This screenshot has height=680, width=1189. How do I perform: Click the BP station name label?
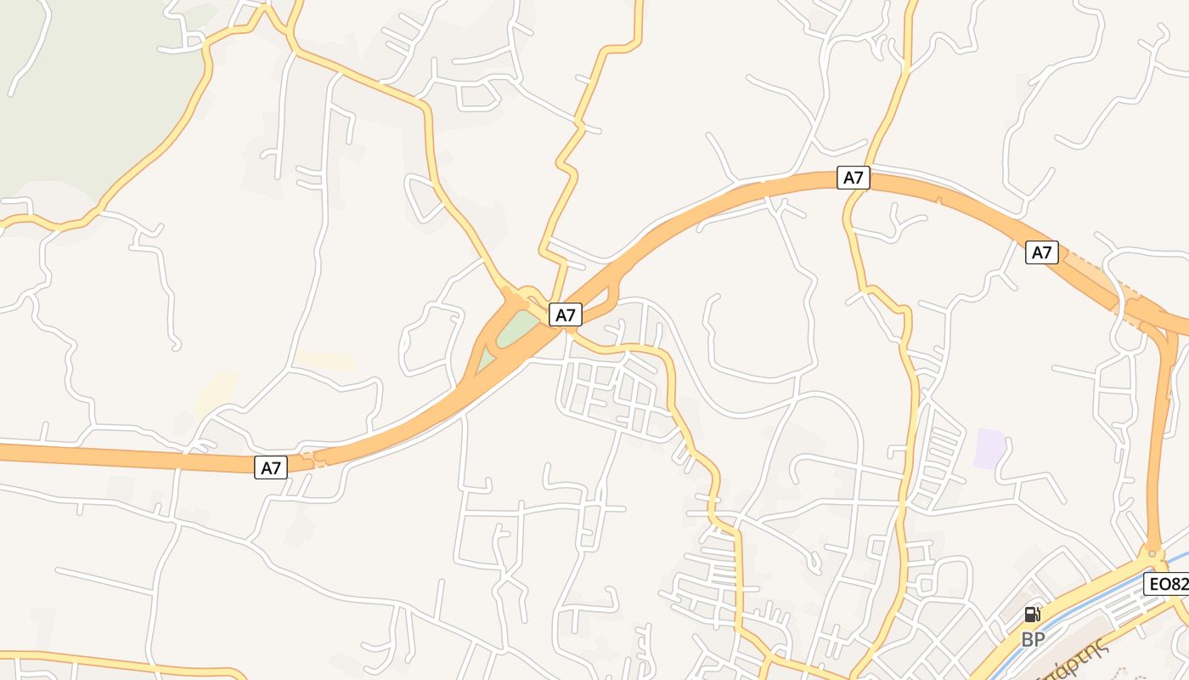pyautogui.click(x=1033, y=639)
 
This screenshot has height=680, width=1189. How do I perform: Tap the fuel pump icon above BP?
pyautogui.click(x=1032, y=615)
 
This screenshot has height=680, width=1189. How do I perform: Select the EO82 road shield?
pyautogui.click(x=1167, y=584)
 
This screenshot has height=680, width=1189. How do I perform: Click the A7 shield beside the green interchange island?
pyautogui.click(x=565, y=314)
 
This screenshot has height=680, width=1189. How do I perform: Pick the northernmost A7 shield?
pyautogui.click(x=853, y=178)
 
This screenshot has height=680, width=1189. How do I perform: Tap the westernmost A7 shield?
pyautogui.click(x=271, y=467)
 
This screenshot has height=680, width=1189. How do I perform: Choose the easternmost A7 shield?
pyautogui.click(x=1041, y=252)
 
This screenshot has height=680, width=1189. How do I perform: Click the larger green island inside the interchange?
pyautogui.click(x=516, y=329)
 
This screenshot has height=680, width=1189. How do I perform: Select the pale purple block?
pyautogui.click(x=989, y=448)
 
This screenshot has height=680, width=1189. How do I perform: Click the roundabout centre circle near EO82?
pyautogui.click(x=1152, y=553)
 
